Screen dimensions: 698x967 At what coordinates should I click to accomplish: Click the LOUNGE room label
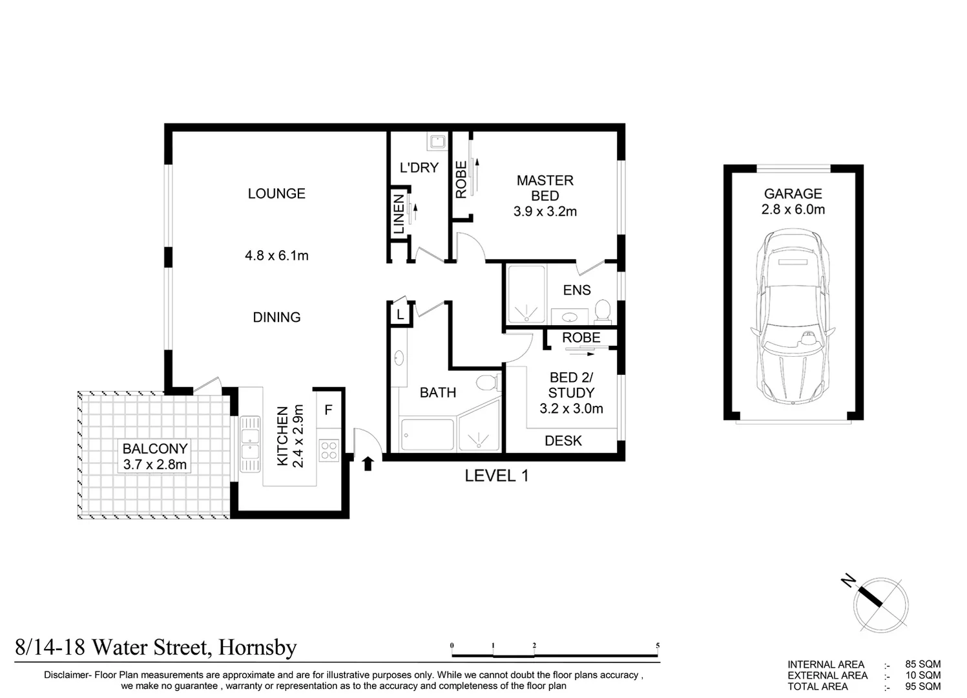coord(276,193)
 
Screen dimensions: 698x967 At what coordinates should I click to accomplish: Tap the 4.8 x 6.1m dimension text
coord(276,255)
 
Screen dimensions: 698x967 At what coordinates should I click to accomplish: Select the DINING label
coord(276,317)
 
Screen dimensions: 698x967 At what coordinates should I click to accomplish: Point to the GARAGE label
coord(793,193)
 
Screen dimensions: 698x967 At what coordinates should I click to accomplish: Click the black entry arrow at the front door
coord(368,463)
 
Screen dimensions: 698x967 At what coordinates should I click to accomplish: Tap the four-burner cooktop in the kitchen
coord(329,450)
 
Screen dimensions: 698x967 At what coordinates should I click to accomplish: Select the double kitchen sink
coord(249,443)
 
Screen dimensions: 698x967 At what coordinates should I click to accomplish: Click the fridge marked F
coord(328,410)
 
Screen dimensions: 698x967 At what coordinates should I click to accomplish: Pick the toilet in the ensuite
coord(603,310)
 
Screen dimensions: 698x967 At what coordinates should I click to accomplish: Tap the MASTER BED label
coord(545,188)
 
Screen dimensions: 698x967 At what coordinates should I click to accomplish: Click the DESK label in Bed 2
coord(563,441)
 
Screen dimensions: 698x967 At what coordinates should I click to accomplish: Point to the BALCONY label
coord(155,449)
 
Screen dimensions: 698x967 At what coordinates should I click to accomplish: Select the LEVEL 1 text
coord(497,476)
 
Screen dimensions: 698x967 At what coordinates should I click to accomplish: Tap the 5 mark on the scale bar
coord(658,645)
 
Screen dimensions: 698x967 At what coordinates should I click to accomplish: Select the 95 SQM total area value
coord(923,686)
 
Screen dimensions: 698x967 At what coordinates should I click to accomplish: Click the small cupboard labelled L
coord(400,315)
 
